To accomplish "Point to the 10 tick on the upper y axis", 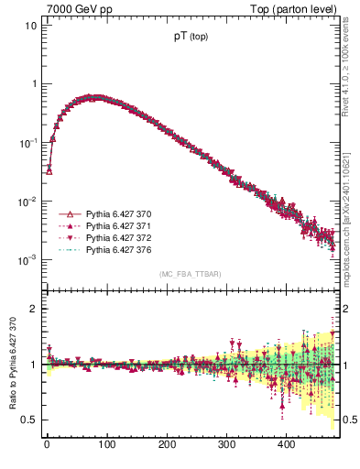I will pos(30,26).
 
